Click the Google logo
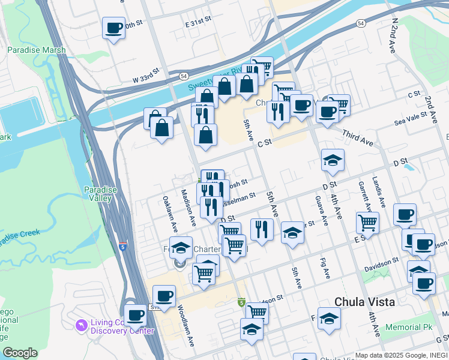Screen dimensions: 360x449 19,353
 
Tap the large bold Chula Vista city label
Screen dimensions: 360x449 364,302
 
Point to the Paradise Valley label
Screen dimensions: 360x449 100,194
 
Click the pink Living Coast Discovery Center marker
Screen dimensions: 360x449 81,325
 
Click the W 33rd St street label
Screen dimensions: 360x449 146,74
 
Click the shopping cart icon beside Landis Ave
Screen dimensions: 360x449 367,222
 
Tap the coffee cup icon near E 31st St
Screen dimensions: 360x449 113,28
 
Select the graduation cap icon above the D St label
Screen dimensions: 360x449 333,160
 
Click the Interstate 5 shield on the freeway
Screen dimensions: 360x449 123,246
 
